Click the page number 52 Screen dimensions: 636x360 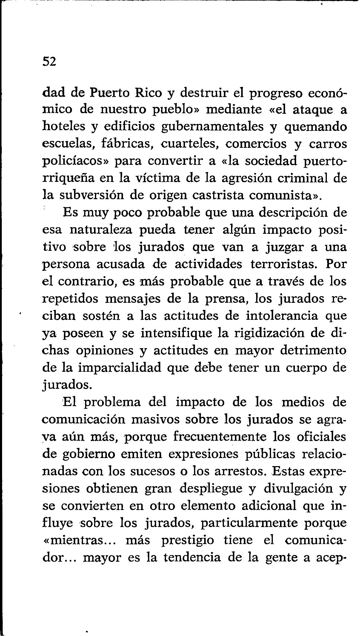pos(49,62)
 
